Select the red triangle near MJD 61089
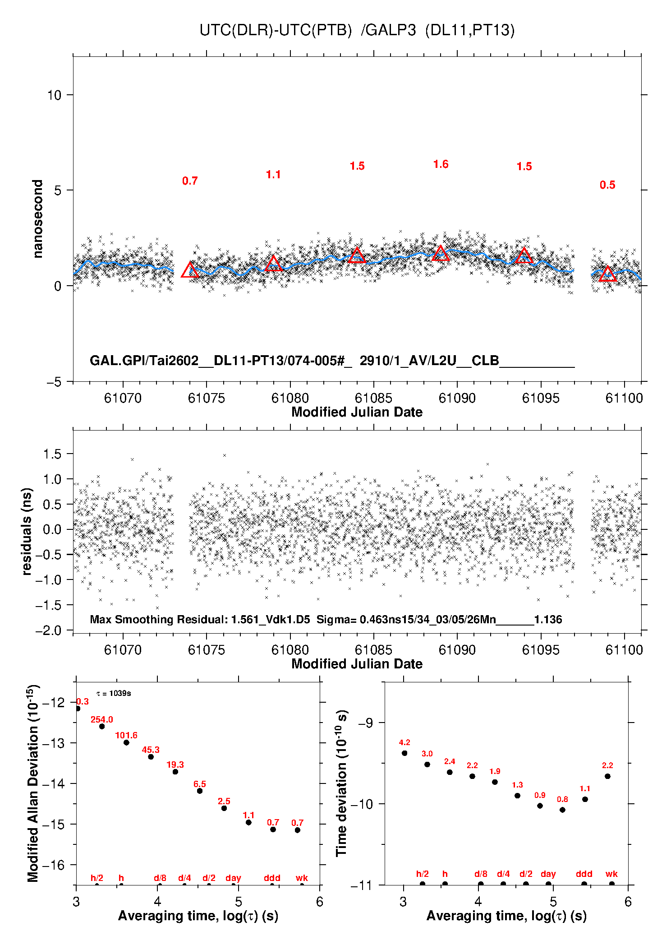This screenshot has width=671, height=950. pyautogui.click(x=441, y=254)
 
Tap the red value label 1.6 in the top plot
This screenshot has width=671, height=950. pyautogui.click(x=441, y=164)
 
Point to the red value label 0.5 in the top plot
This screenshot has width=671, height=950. pyautogui.click(x=607, y=185)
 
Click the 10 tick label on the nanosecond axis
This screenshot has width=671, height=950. pyautogui.click(x=54, y=95)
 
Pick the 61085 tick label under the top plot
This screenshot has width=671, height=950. pyautogui.click(x=373, y=398)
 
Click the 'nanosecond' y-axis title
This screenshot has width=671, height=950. pyautogui.click(x=38, y=219)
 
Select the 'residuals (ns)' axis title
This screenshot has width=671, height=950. pyautogui.click(x=27, y=531)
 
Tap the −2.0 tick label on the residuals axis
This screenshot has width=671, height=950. pyautogui.click(x=50, y=630)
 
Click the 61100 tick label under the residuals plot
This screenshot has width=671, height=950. pyautogui.click(x=624, y=650)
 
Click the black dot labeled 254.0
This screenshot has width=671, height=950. pyautogui.click(x=102, y=726)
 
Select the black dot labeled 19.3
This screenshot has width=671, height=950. pyautogui.click(x=175, y=772)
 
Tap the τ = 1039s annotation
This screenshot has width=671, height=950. pyautogui.click(x=114, y=693)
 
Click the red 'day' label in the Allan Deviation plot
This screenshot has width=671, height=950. pyautogui.click(x=233, y=878)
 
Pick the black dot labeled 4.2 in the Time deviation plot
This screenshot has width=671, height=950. pyautogui.click(x=404, y=753)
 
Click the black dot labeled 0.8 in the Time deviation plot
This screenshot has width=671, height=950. pyautogui.click(x=562, y=810)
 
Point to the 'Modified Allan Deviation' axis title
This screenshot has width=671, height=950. pyautogui.click(x=33, y=783)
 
